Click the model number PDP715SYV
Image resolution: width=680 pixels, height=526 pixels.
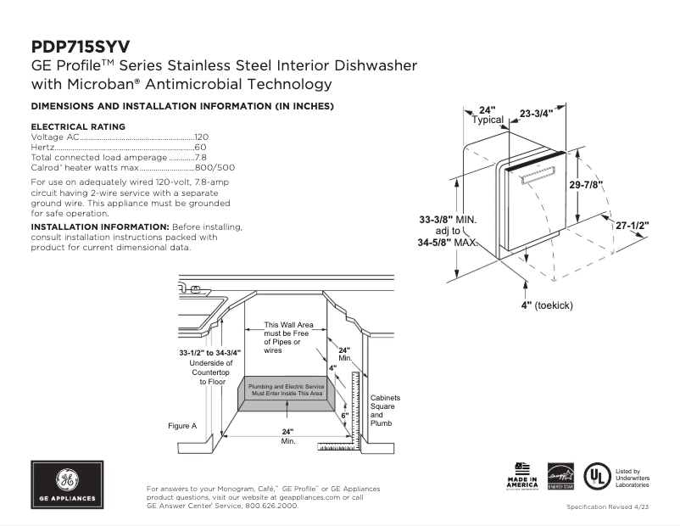tap(81, 47)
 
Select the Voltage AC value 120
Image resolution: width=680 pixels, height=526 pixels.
tap(201, 137)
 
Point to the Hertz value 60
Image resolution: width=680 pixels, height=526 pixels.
tap(201, 147)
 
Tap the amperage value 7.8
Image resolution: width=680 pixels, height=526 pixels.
tap(201, 157)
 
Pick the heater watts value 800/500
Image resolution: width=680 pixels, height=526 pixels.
tap(215, 167)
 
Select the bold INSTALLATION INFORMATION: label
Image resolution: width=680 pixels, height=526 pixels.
tap(100, 227)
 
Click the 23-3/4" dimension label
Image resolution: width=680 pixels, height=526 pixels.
tap(536, 113)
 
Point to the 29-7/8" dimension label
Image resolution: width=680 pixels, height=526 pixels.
tap(586, 186)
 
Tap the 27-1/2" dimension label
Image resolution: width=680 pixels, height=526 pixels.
tap(633, 226)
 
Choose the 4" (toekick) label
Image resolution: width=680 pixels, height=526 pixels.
tap(547, 305)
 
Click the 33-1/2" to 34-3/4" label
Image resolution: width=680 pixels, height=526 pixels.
tap(209, 352)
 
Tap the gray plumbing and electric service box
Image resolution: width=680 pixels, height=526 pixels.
tap(286, 389)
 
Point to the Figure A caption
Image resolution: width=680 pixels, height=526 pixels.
tap(182, 425)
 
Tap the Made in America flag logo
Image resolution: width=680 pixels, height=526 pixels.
tap(523, 477)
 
